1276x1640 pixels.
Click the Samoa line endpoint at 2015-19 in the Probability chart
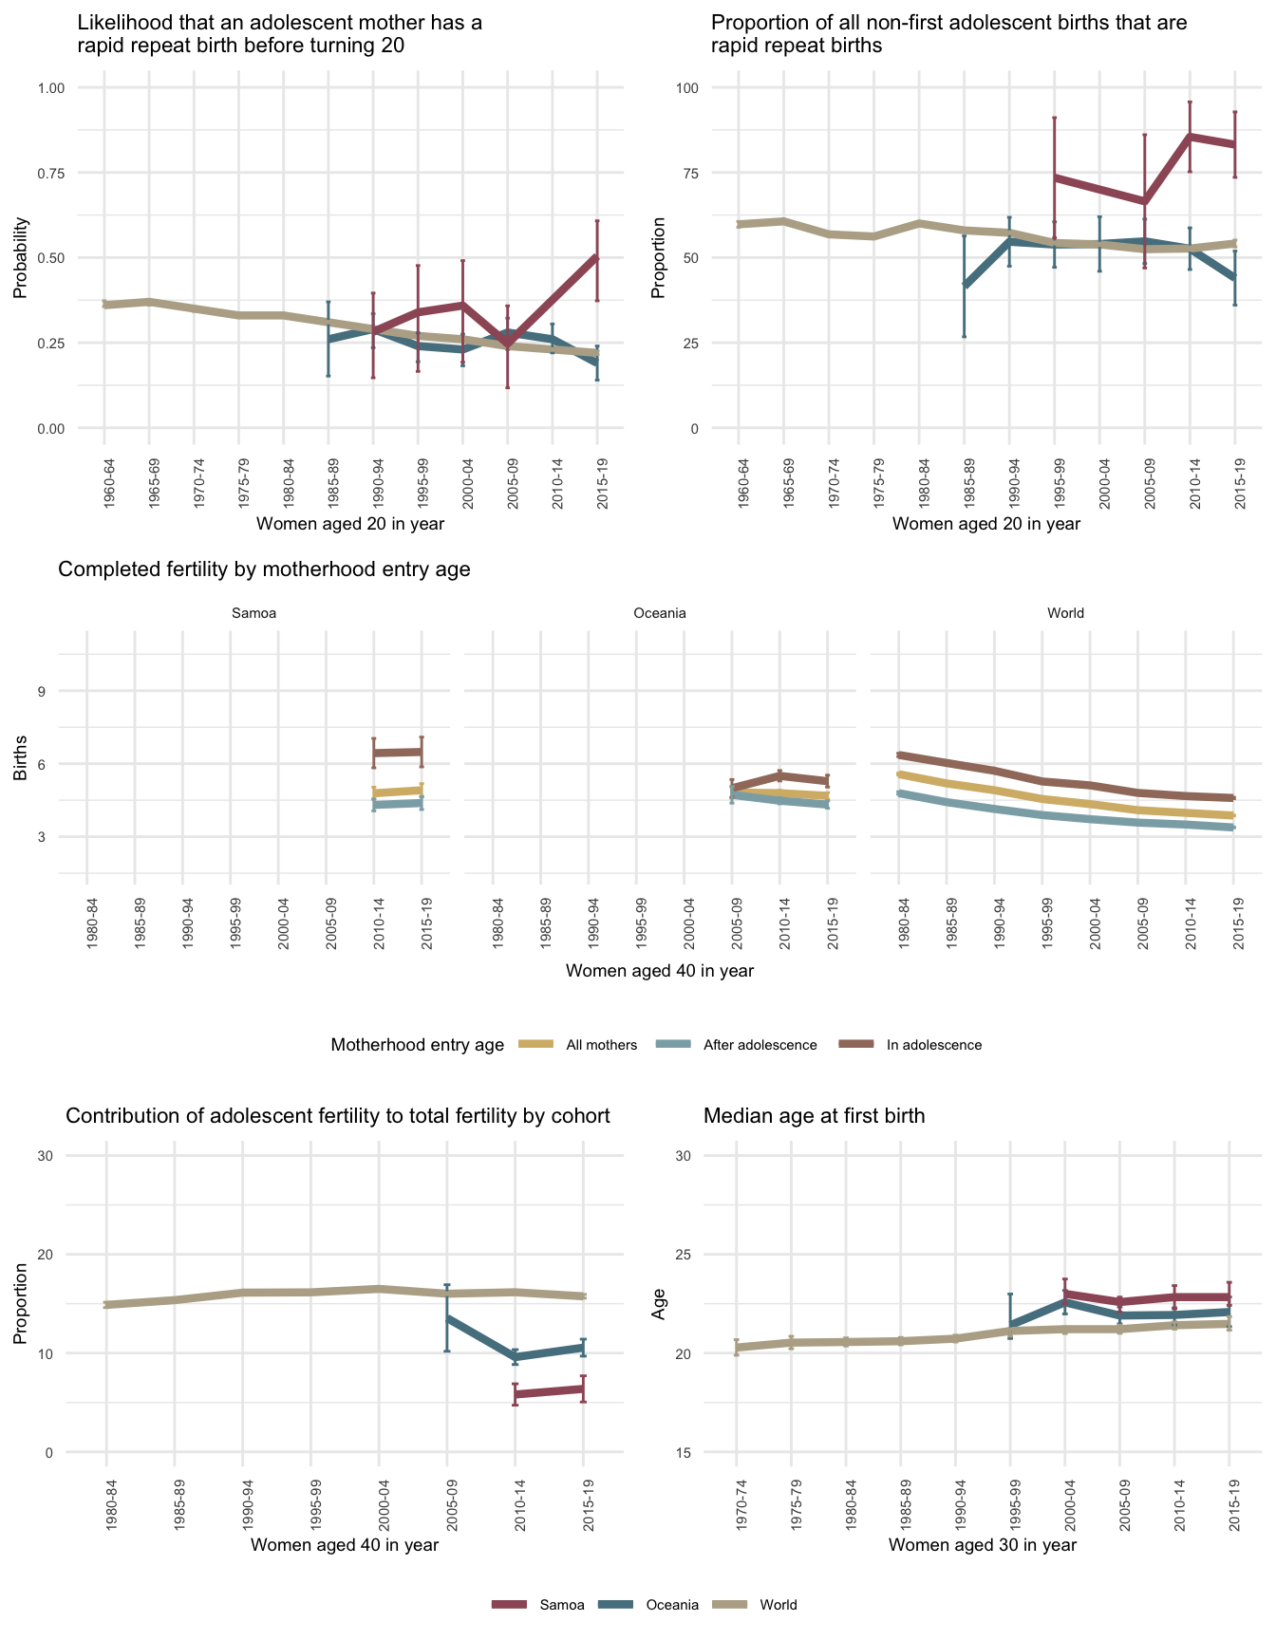[x=597, y=257]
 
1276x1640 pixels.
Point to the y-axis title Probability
[x=21, y=258]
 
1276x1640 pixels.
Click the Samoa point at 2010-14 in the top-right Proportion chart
[x=1190, y=137]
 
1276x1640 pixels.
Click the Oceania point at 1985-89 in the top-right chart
[x=964, y=286]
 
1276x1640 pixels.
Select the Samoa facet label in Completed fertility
[x=253, y=613]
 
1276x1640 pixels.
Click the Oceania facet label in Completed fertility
[x=659, y=613]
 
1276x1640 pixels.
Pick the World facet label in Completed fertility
[x=1065, y=613]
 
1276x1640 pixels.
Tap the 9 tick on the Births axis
[x=42, y=691]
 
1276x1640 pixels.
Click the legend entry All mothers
[x=601, y=1045]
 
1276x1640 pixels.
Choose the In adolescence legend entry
[x=934, y=1045]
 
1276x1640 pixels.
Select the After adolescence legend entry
[x=760, y=1045]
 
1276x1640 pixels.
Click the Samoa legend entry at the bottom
[x=561, y=1605]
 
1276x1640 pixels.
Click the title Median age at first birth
[x=814, y=1116]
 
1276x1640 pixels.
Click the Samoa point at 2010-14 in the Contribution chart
[x=515, y=1394]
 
